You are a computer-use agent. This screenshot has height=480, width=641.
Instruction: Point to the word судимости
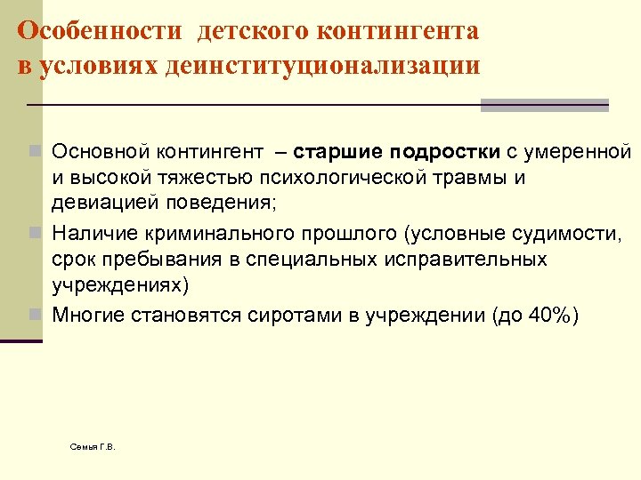[x=551, y=234]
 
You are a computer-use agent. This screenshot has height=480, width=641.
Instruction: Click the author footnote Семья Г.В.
[x=93, y=445]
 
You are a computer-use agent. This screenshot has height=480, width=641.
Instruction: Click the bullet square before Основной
[x=34, y=153]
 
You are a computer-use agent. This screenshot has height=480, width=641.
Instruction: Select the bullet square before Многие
[x=34, y=315]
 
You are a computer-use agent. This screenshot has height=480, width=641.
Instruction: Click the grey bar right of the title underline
[x=544, y=105]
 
